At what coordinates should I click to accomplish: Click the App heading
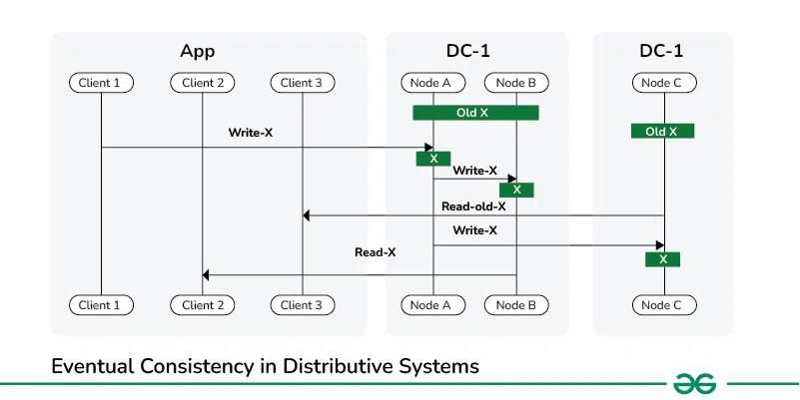(x=197, y=51)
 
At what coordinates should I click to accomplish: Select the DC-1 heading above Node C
(x=663, y=51)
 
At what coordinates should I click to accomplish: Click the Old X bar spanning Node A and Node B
(x=475, y=113)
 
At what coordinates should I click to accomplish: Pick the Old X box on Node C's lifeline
(x=662, y=131)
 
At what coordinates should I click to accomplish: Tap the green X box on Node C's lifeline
(x=662, y=259)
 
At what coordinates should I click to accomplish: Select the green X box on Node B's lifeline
(x=516, y=190)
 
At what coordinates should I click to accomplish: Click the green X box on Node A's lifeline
(x=433, y=159)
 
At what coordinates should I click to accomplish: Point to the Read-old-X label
(x=473, y=206)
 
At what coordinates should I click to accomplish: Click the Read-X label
(x=376, y=252)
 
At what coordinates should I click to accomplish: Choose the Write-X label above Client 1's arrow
(x=251, y=132)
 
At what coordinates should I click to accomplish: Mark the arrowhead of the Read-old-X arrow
(x=308, y=215)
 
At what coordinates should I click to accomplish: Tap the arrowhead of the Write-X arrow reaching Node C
(x=659, y=244)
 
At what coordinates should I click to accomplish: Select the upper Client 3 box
(x=302, y=83)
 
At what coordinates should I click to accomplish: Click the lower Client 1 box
(x=101, y=305)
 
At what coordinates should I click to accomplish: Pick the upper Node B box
(x=516, y=83)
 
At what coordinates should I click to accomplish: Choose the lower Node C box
(x=663, y=305)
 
